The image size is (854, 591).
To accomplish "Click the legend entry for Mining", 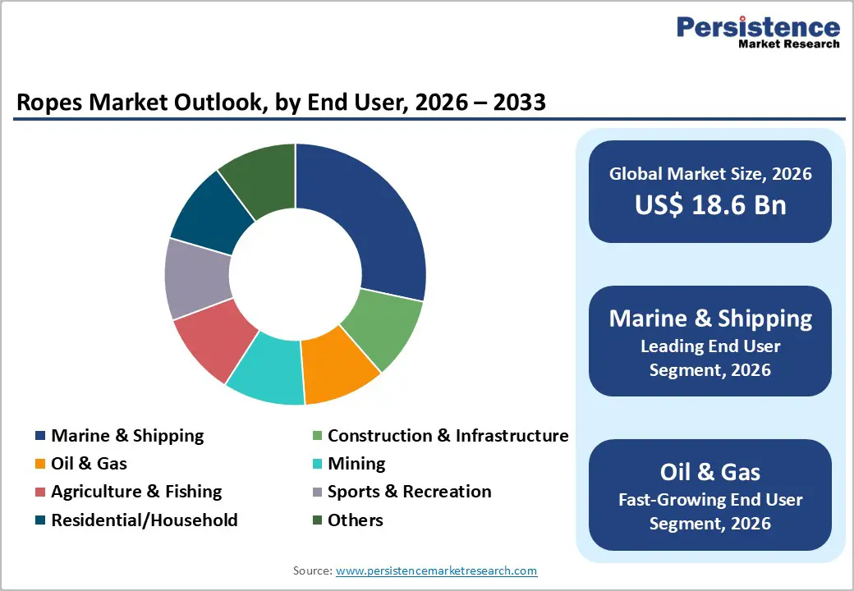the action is point(356,464).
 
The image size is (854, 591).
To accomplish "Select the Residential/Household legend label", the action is point(144,520).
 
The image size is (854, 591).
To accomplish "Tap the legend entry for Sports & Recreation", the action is point(409,492).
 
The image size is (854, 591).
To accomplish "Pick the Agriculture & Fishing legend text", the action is point(136,492).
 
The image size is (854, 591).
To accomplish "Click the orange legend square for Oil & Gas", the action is point(40,465).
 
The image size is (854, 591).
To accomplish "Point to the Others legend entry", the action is point(355,520).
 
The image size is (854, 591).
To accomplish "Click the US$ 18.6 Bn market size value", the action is point(710,204).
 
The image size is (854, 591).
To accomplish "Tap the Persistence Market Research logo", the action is point(757,33).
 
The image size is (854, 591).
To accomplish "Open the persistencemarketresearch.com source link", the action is point(436,570).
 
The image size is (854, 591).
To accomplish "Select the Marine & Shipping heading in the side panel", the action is point(710,318).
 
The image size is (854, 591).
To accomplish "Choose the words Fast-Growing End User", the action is point(710,499).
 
